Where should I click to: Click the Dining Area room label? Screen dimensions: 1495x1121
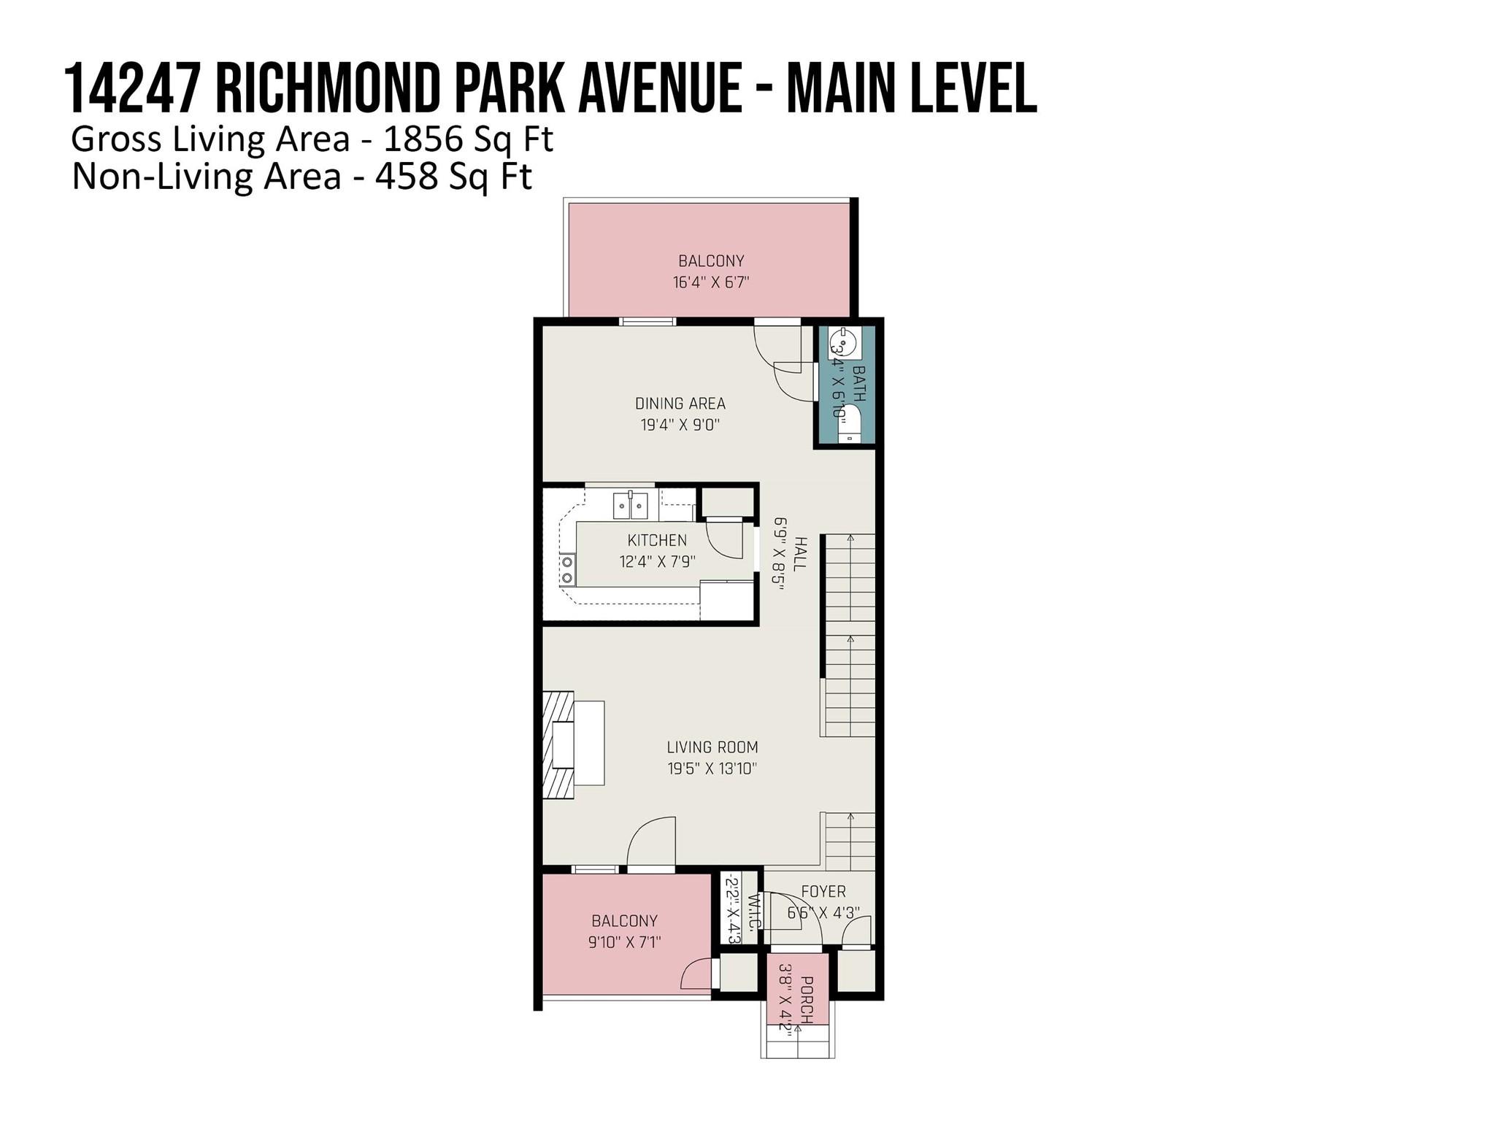point(680,404)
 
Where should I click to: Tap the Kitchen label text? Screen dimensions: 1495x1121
point(657,541)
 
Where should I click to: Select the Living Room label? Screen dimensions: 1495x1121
point(712,747)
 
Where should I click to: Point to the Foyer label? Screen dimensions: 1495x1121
point(823,892)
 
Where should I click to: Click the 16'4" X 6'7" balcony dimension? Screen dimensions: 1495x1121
point(711,282)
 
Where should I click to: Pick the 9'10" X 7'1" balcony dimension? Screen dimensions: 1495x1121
point(625,942)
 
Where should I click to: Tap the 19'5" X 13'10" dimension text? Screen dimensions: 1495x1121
point(712,768)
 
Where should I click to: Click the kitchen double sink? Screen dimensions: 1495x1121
point(631,505)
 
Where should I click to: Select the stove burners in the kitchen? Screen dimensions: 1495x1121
point(567,570)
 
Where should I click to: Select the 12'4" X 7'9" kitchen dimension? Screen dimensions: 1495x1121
point(657,562)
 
